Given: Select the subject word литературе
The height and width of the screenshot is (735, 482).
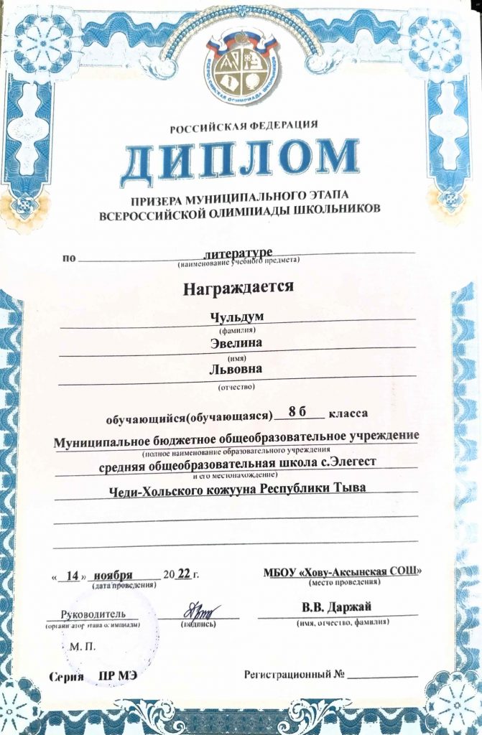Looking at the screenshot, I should [236, 253].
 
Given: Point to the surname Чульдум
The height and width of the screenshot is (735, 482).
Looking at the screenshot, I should [236, 316].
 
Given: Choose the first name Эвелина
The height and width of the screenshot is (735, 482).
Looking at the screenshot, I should [236, 343].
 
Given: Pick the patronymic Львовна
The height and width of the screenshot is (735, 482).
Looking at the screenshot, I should [236, 370].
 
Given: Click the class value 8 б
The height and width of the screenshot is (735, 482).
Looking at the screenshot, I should [296, 412].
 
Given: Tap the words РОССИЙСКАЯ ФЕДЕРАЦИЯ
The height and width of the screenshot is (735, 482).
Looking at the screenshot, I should [244, 127].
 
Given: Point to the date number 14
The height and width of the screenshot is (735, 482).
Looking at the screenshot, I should [71, 576].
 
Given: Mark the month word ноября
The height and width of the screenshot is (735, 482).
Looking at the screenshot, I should [113, 576].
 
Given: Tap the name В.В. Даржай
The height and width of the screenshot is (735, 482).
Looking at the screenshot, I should [337, 609].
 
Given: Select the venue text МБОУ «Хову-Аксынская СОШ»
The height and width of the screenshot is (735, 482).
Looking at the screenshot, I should [343, 571].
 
